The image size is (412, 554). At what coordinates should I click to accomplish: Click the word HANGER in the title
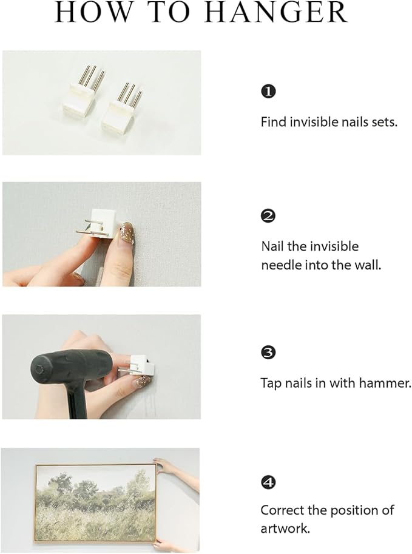(x=276, y=13)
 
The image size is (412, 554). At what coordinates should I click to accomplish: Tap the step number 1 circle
(x=268, y=92)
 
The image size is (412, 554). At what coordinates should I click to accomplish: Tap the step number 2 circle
(x=268, y=216)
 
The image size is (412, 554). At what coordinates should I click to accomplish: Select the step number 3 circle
(x=268, y=353)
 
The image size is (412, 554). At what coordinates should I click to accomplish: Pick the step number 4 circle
(x=268, y=482)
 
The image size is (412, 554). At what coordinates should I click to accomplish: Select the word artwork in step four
(x=285, y=529)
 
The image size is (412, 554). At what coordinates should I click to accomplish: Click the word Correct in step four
(x=282, y=510)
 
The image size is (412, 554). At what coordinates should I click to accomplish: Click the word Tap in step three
(x=270, y=383)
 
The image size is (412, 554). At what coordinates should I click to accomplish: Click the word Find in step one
(x=273, y=122)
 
